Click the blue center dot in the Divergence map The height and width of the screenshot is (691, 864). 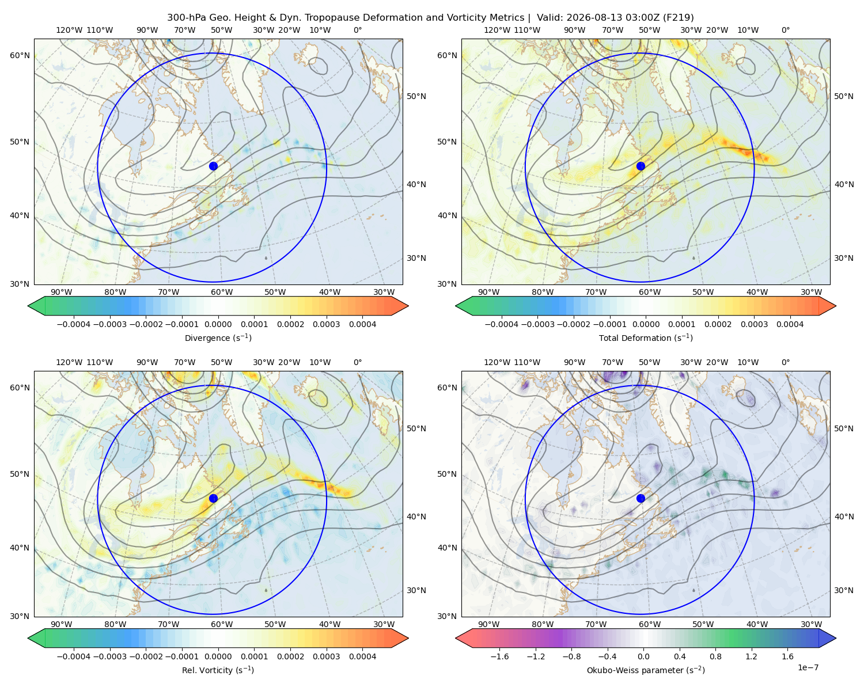point(213,166)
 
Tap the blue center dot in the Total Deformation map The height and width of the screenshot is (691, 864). point(641,166)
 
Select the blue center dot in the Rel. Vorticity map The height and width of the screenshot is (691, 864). point(213,498)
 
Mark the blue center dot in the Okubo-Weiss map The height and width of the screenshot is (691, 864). point(641,498)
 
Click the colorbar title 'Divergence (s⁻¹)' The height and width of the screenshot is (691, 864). point(218,337)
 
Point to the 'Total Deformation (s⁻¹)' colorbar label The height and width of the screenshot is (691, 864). point(646,337)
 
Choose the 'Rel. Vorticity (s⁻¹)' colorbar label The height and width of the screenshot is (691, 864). point(218,670)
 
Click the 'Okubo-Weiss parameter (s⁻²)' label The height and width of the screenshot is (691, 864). point(646,670)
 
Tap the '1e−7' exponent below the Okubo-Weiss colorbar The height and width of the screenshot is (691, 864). point(808,667)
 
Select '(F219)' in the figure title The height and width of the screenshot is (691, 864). point(679,18)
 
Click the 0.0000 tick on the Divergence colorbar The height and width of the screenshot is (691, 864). point(218,324)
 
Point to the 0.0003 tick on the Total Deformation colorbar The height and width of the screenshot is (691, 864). point(754,324)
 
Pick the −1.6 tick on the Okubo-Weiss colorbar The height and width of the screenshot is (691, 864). point(499,656)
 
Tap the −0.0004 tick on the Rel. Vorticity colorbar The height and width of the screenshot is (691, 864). point(74,656)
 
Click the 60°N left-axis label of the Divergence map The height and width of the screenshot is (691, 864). point(20,55)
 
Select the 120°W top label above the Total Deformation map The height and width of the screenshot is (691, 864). point(497,30)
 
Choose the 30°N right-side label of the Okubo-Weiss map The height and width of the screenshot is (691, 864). point(843,590)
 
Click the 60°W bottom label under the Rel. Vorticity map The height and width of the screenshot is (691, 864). point(222,624)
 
